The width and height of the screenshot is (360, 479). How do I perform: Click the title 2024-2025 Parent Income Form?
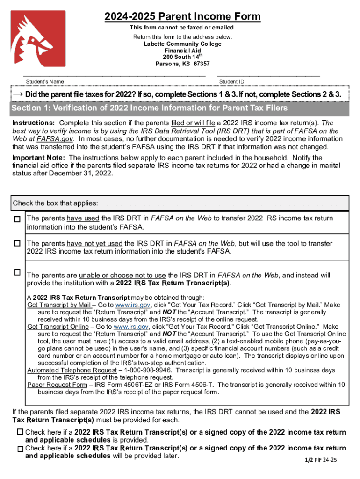click(183, 17)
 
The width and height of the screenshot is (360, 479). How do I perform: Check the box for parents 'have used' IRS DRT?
click(17, 219)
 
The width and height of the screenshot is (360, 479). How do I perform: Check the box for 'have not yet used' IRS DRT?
click(17, 244)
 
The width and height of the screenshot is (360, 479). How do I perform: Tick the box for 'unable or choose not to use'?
click(17, 272)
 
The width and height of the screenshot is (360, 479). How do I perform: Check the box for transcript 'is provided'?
click(21, 432)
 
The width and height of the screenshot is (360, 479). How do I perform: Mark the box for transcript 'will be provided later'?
click(21, 449)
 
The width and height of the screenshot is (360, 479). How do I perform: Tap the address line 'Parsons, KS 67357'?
click(183, 64)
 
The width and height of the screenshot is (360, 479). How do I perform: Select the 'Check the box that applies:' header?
click(56, 203)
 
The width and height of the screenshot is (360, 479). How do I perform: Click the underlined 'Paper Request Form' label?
click(57, 385)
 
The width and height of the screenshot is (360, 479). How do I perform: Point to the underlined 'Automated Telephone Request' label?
click(72, 370)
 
